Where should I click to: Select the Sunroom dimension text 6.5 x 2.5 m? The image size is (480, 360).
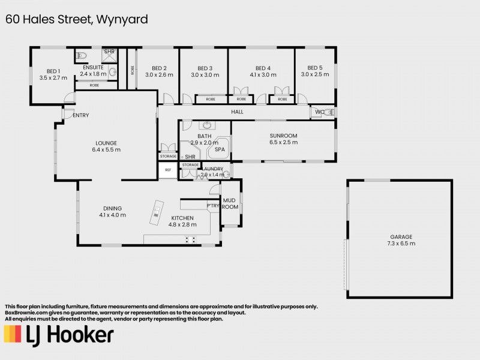[284, 143]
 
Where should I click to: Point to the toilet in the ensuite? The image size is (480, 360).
[83, 56]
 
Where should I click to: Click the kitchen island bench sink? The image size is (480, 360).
[156, 210]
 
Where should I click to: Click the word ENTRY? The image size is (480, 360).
[81, 115]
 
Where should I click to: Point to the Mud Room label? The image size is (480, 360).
[230, 203]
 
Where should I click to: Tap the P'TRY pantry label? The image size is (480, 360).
[212, 205]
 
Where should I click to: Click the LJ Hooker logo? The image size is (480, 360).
[58, 335]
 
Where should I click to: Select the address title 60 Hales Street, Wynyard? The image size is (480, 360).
[77, 19]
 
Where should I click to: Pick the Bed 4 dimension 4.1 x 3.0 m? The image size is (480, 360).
[263, 75]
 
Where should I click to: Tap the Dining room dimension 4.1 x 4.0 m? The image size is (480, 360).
[113, 215]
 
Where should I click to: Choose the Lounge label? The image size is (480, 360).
[106, 143]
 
